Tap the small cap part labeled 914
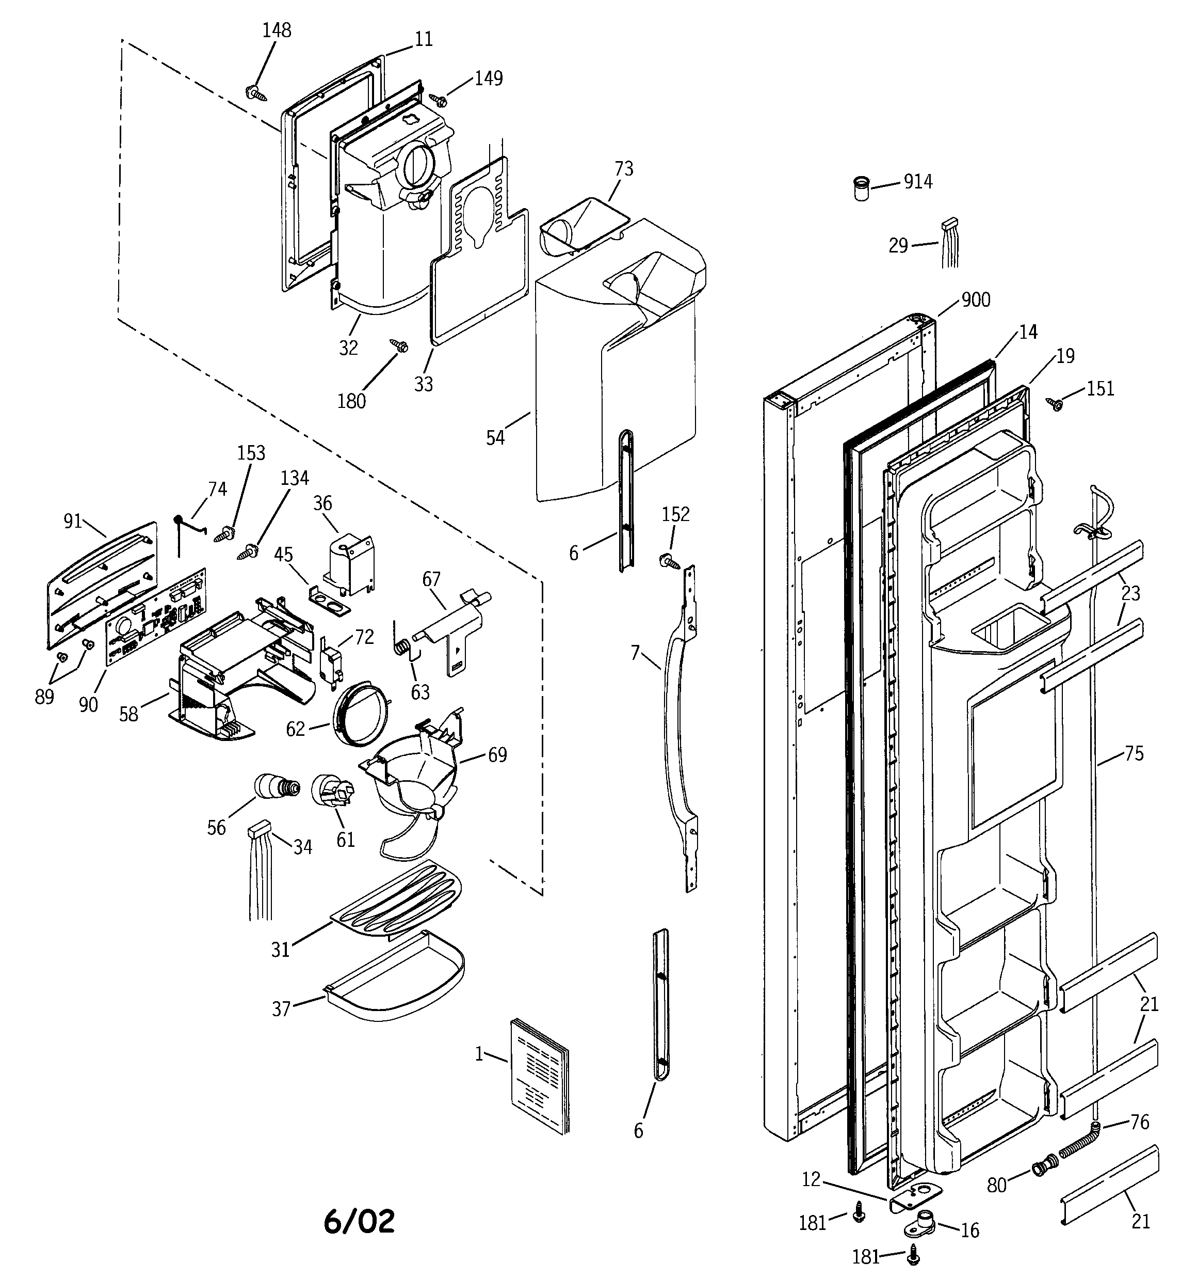(861, 189)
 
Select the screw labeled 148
(257, 94)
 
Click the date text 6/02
(359, 1221)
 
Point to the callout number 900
(975, 299)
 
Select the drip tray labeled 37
(395, 977)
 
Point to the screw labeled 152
(669, 561)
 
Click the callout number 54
(495, 438)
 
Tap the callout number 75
(1134, 753)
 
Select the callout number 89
(44, 696)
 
